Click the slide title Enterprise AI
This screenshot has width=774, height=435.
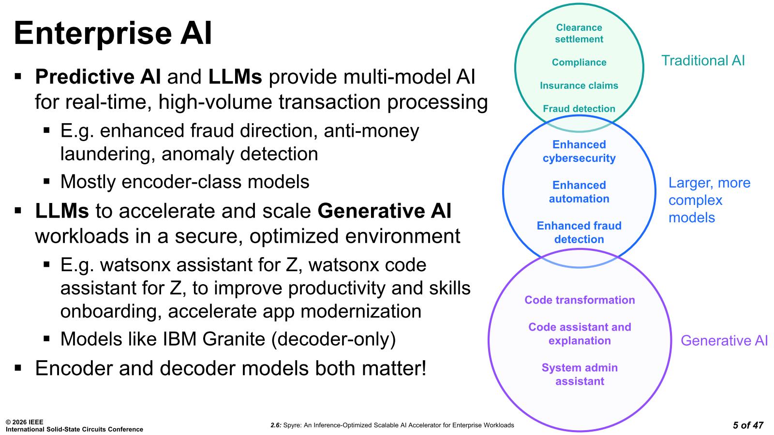[113, 33]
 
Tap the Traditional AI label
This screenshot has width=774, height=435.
[702, 60]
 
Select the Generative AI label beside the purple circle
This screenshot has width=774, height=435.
[724, 341]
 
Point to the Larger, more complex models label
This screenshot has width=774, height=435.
[709, 200]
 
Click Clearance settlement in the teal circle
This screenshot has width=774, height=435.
[579, 33]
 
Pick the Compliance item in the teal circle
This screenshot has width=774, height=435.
[579, 62]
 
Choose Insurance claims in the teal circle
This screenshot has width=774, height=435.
[579, 86]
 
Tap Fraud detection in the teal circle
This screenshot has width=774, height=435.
[579, 109]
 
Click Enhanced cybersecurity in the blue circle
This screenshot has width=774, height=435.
[579, 151]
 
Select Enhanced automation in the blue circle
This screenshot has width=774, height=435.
[579, 192]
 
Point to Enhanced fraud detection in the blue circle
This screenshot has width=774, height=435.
[579, 232]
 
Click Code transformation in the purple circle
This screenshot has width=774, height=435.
[580, 300]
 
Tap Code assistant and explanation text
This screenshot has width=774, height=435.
[580, 334]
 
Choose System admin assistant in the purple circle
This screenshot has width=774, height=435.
[580, 375]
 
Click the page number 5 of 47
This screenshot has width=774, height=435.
[747, 425]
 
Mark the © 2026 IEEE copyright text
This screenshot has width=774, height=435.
[24, 422]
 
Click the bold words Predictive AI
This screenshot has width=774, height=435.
[98, 77]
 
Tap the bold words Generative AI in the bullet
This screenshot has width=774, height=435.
[385, 211]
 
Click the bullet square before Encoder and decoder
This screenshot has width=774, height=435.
[18, 368]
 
